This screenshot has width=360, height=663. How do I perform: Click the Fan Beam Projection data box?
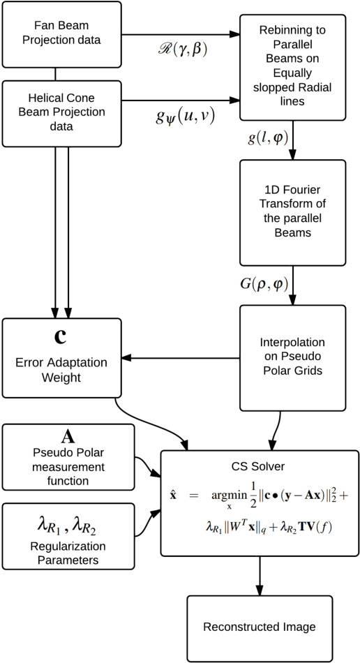click(x=61, y=40)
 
